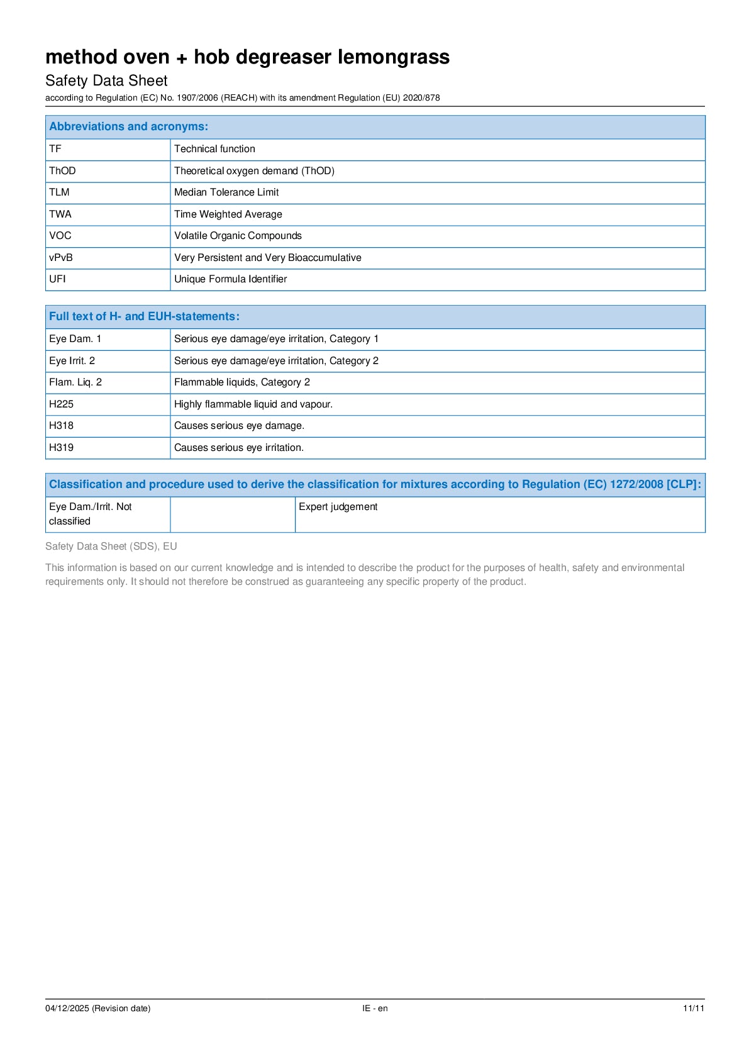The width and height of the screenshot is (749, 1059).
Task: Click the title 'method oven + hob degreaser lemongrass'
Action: point(247,57)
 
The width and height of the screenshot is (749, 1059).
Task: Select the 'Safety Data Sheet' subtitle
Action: point(106,80)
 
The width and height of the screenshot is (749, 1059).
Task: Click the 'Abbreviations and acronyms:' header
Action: point(128,126)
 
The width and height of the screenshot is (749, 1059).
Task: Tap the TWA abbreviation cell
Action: point(60,214)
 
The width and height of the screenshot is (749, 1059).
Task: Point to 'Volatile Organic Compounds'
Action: point(238,236)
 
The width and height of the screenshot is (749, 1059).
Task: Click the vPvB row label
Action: point(61,257)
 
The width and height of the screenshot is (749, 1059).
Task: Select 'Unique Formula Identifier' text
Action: point(230,279)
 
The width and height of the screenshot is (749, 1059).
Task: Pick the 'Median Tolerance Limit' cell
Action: point(226,192)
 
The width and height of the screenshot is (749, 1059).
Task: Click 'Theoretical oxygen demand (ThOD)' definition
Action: point(254,171)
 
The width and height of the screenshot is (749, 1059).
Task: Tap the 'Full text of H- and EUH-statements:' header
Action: point(144,316)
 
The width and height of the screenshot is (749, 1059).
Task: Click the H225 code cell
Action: point(61,404)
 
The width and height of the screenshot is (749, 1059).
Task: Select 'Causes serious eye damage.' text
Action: point(239,426)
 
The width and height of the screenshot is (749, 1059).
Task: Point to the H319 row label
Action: point(61,448)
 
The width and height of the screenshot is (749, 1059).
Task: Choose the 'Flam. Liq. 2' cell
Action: point(75,382)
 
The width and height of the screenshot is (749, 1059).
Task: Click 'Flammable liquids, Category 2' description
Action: point(242,382)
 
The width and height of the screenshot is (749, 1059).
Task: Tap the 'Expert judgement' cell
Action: point(338,507)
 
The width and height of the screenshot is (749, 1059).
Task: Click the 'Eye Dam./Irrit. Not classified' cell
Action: point(91,514)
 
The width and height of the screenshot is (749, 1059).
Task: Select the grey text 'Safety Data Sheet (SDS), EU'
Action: point(111,546)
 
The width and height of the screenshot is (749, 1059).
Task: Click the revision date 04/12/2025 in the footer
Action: point(97,1008)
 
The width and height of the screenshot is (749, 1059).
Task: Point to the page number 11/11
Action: point(694,1008)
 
